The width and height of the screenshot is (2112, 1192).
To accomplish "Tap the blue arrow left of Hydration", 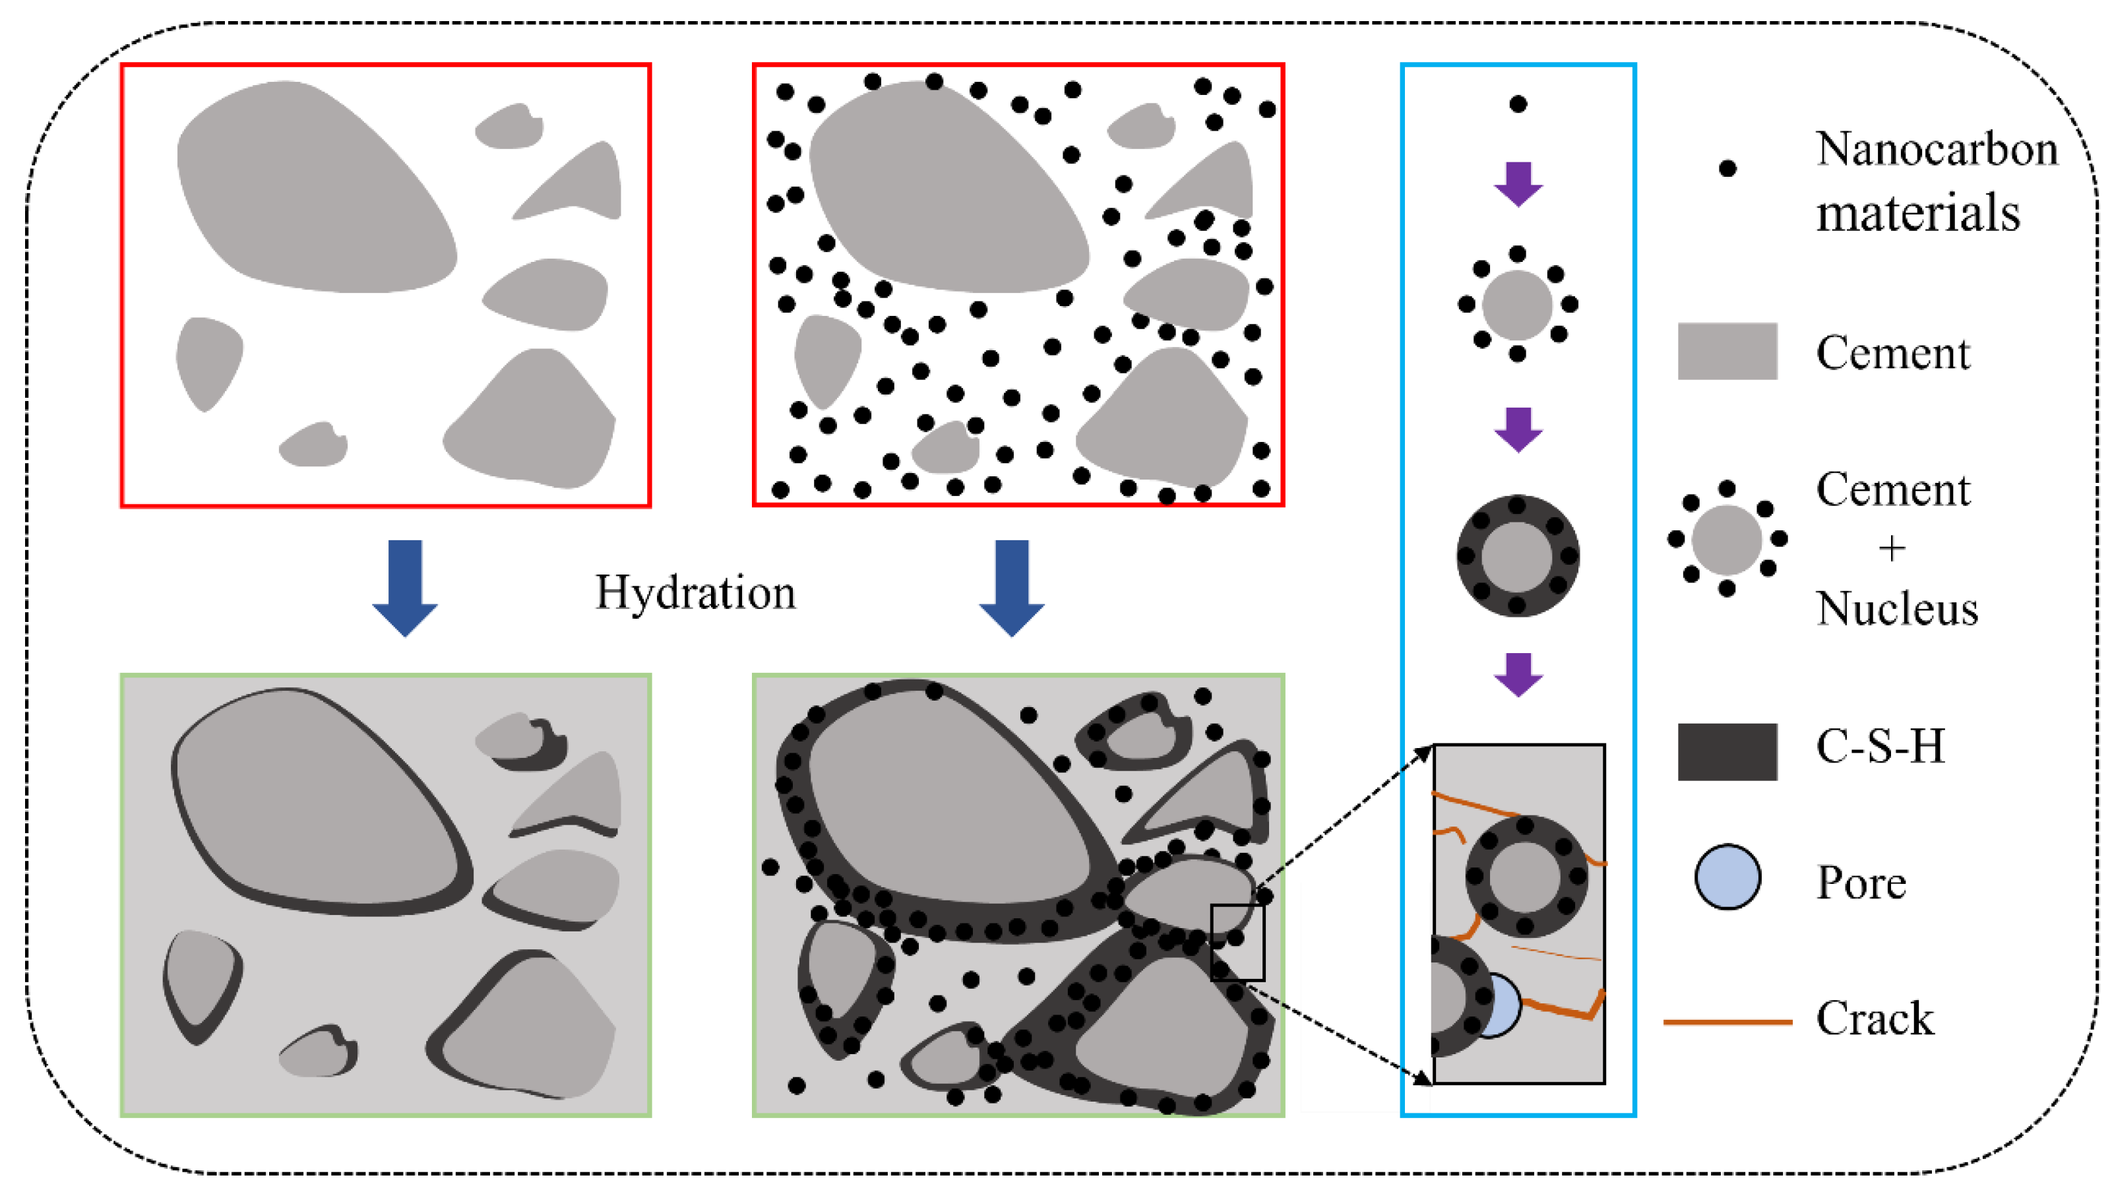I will coord(405,586).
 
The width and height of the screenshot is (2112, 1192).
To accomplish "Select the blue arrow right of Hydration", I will coord(1012,586).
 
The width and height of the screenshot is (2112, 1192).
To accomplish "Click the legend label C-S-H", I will coord(1880,746).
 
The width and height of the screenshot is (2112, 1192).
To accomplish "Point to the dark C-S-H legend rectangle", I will coord(1727,751).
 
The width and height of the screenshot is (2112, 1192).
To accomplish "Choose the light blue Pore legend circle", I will coord(1727,877).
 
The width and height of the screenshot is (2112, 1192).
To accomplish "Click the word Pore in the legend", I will coord(1861,883).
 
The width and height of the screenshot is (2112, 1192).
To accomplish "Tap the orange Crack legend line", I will coord(1727,1022).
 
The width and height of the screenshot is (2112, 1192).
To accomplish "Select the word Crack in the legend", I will coord(1875,1019).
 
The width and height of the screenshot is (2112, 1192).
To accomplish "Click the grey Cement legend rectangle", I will coord(1727,351).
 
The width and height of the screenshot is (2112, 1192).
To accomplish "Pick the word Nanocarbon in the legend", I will coord(1937,149).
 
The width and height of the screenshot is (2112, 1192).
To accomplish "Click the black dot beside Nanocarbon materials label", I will coord(1727,169).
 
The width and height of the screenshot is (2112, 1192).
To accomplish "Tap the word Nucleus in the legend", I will coord(1897,609).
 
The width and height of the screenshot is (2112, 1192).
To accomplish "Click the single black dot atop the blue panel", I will coord(1518,104).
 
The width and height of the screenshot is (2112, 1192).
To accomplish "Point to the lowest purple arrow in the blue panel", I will coord(1518,674).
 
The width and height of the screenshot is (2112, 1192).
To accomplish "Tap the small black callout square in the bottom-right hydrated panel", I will coord(1237,942).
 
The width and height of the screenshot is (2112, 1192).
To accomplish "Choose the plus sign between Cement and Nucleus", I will coord(1892,548).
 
